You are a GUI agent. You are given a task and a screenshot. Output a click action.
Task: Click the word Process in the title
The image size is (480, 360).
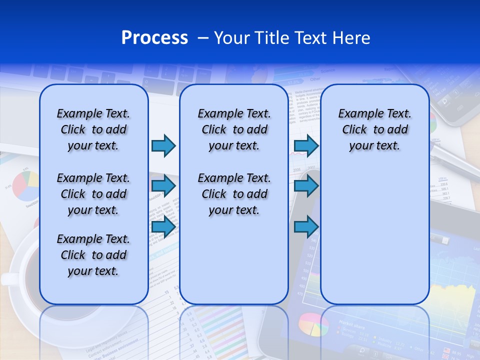154,38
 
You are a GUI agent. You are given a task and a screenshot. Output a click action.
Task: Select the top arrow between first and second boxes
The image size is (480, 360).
163,145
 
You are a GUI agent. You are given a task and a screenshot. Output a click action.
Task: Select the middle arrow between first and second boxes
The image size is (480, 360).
163,186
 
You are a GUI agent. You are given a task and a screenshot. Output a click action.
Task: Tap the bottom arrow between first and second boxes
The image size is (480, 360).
163,226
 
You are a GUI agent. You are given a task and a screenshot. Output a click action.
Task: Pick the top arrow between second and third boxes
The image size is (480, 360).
306,145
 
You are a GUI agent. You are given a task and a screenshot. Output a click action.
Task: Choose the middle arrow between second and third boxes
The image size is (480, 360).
306,186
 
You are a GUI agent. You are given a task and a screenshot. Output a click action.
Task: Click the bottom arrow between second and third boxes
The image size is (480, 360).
306,226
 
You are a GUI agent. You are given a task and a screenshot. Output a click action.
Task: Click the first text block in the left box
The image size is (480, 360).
93,129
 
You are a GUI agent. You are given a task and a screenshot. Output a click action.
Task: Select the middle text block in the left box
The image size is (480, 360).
93,194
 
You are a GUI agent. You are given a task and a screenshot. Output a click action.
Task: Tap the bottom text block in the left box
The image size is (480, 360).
93,255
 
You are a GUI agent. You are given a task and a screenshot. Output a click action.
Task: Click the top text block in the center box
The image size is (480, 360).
234,129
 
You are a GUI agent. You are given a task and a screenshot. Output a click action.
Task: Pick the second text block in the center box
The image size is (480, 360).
234,194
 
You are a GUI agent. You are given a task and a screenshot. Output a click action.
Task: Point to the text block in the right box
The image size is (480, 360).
374,129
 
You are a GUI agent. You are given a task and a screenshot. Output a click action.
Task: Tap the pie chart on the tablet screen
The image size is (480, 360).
310,324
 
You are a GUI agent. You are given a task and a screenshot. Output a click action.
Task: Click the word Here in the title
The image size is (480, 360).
353,38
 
